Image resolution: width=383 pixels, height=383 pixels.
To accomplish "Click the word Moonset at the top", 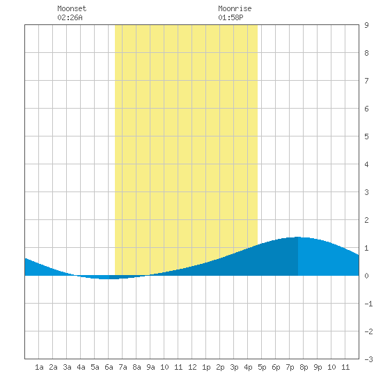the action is pyautogui.click(x=72, y=8).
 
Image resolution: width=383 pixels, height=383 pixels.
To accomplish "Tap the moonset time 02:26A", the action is pyautogui.click(x=70, y=17).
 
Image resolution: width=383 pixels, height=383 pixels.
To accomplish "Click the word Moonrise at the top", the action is pyautogui.click(x=235, y=8).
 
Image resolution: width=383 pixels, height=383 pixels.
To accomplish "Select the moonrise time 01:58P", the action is pyautogui.click(x=230, y=17).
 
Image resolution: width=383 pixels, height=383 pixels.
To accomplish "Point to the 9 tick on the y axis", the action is pyautogui.click(x=366, y=25).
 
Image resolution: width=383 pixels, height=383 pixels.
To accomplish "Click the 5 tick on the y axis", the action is pyautogui.click(x=366, y=136).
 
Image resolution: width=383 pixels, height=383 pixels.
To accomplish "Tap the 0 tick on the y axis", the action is pyautogui.click(x=366, y=276).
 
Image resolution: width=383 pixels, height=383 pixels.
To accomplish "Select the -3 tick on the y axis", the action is pyautogui.click(x=368, y=359).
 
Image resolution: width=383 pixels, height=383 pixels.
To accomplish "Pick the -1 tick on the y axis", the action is pyautogui.click(x=368, y=304).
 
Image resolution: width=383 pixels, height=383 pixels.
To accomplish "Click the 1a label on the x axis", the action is pyautogui.click(x=39, y=367).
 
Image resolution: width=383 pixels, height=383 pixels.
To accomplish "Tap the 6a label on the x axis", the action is pyautogui.click(x=109, y=367).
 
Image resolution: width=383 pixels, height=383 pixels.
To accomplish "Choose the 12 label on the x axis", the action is pyautogui.click(x=192, y=367).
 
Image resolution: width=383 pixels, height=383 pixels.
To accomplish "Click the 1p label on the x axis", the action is pyautogui.click(x=206, y=367).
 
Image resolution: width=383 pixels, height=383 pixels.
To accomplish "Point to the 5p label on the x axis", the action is pyautogui.click(x=262, y=367).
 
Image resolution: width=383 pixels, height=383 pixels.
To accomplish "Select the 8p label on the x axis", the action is pyautogui.click(x=304, y=367).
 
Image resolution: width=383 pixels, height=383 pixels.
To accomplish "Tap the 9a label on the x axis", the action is pyautogui.click(x=150, y=367).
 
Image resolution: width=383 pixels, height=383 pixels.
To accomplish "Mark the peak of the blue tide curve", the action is pyautogui.click(x=297, y=237).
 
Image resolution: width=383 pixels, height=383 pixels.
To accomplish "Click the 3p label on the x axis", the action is pyautogui.click(x=234, y=367).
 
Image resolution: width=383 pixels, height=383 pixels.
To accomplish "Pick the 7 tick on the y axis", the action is pyautogui.click(x=366, y=81).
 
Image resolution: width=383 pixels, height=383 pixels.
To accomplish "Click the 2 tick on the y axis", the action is pyautogui.click(x=366, y=220).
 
